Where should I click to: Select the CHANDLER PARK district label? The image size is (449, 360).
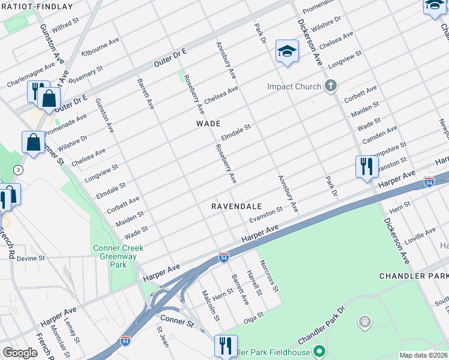414,276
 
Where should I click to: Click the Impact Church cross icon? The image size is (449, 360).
330,86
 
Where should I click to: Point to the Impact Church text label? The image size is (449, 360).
294,87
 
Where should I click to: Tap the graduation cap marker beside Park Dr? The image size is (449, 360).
287,52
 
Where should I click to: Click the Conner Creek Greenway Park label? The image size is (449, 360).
114,254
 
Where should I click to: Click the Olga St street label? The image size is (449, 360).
253,316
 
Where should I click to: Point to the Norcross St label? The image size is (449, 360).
269,276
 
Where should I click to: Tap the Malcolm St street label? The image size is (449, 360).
211,305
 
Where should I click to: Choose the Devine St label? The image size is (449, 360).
31,259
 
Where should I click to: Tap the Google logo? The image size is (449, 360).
19,353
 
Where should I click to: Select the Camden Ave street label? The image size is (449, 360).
379,135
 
